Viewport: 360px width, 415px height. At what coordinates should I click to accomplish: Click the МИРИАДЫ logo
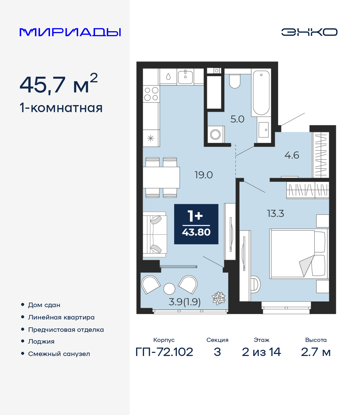pos(70,32)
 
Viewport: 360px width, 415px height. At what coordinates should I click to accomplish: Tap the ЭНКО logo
pos(309,32)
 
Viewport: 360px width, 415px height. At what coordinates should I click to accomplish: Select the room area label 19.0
pos(204,175)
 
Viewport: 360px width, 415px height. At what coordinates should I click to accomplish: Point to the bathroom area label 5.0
pos(237,119)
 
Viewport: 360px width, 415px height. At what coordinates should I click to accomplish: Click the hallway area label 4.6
pos(292,155)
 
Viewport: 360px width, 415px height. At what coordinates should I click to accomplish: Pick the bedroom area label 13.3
pos(275,214)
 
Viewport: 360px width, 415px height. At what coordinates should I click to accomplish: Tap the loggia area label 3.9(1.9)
pos(184,302)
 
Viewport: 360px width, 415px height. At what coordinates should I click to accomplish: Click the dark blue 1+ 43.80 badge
pos(196,224)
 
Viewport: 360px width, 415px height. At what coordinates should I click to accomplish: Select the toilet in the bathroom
pos(235,81)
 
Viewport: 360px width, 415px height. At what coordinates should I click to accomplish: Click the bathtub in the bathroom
pos(261,93)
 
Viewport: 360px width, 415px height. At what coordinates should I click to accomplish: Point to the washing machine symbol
pos(215,135)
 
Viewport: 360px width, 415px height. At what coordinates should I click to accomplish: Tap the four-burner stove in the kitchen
pos(151,94)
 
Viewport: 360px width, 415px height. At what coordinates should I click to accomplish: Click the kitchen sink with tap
pos(185,77)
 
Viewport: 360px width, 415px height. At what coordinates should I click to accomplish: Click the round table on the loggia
pos(169,289)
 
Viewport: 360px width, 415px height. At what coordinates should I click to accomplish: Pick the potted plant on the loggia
pos(219,298)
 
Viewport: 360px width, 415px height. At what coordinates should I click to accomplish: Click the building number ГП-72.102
pos(164,352)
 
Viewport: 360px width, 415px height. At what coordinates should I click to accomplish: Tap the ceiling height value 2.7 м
pos(316,352)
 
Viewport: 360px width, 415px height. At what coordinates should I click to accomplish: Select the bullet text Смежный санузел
pos(59,354)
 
